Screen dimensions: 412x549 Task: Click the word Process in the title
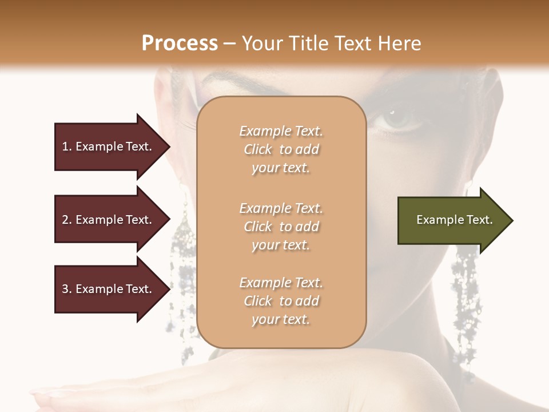click(x=180, y=43)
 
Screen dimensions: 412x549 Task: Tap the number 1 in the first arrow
click(x=65, y=146)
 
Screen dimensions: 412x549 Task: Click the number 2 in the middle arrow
click(x=65, y=220)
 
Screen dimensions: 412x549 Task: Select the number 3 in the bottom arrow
click(x=65, y=289)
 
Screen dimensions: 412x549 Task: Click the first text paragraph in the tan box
click(x=281, y=149)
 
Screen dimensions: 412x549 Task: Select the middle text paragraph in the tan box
click(x=281, y=227)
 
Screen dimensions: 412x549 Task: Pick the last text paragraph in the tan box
click(x=281, y=301)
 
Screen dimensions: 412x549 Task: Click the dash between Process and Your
click(x=229, y=43)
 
